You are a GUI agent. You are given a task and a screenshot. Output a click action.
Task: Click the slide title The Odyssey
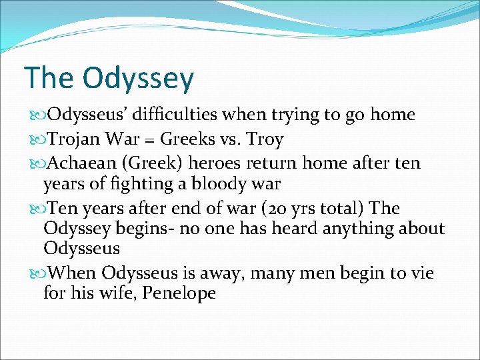(109, 79)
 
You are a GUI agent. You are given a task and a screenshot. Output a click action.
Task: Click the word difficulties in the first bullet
(176, 115)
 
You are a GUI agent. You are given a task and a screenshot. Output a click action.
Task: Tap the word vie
(421, 273)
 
